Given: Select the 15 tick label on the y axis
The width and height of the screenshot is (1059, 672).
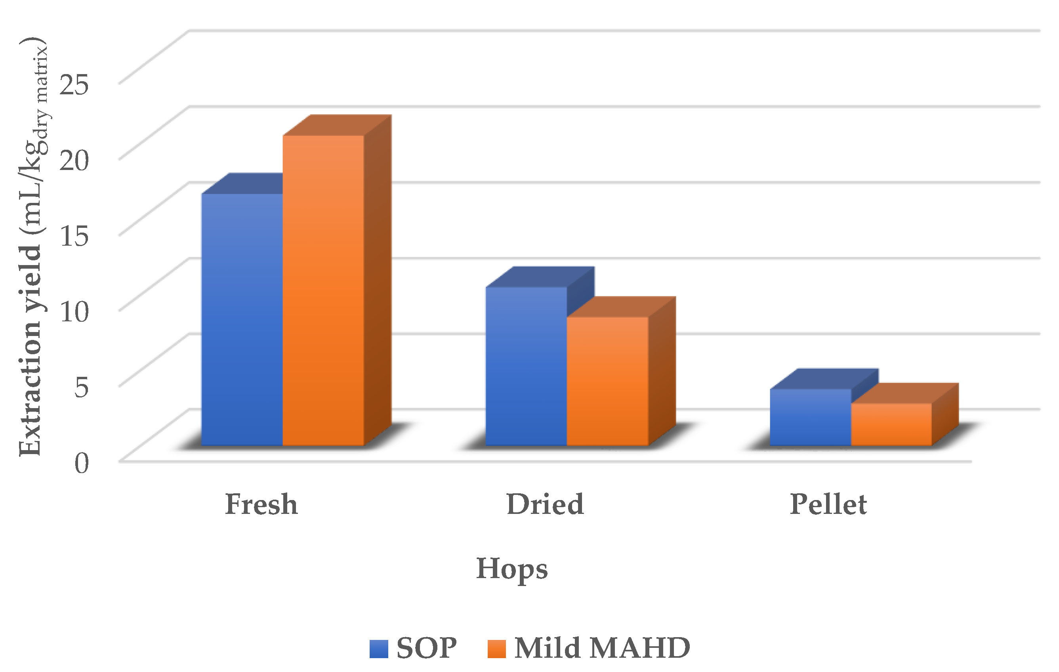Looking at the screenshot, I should click(74, 235).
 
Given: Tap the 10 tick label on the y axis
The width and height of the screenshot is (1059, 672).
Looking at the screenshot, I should click(74, 311).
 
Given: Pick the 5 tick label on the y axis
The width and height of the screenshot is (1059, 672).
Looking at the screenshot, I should click(81, 386).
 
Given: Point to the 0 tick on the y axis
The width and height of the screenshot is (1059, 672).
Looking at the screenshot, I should click(81, 463).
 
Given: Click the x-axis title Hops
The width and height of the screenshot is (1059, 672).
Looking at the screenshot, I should click(512, 569).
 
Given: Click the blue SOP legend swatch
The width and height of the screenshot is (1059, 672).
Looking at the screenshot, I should click(379, 649).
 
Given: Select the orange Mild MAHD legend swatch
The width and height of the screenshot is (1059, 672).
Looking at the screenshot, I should click(496, 649).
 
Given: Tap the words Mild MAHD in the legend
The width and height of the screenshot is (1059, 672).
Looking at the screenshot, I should click(602, 648).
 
